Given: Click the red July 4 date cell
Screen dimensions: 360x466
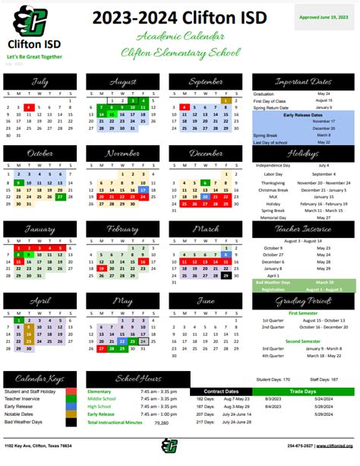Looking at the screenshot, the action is tap(28, 108).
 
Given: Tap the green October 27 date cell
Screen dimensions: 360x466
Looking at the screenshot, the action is tap(59, 196).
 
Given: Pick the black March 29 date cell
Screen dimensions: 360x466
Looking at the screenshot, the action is tap(226, 276).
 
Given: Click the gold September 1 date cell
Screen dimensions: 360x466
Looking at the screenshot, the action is tap(226, 100).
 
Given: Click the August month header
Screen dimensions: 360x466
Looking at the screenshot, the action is tap(123, 81).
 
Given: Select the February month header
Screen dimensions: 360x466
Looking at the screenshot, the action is tap(123, 230).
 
